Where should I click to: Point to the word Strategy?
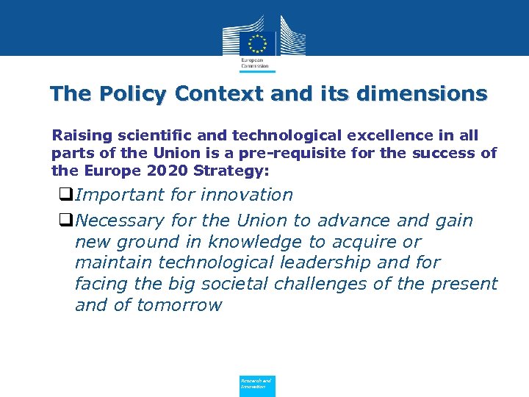[231, 171]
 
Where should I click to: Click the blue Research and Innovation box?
[257, 385]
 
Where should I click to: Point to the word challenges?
[348, 284]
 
